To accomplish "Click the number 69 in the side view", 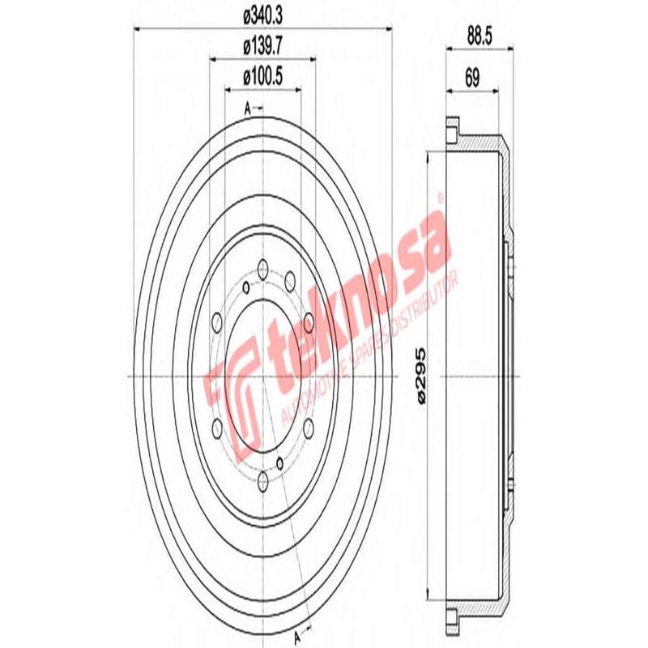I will click(472, 79).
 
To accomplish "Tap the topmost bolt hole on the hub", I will click(263, 264).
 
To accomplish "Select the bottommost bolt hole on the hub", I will click(263, 484).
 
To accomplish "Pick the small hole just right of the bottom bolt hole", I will click(280, 463).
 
